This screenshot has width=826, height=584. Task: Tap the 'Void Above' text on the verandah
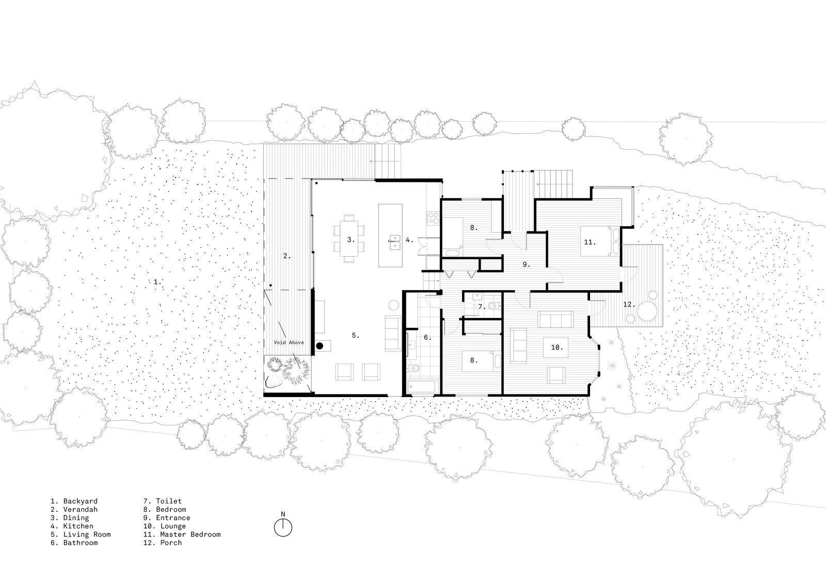click(x=289, y=342)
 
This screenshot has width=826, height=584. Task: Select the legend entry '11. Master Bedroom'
click(x=182, y=534)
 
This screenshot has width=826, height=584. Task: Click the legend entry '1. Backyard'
click(x=74, y=501)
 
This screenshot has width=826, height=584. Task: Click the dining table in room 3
click(x=349, y=239)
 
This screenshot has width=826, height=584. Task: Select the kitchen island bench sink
click(x=394, y=242)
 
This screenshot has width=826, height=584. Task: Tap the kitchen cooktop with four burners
click(x=433, y=218)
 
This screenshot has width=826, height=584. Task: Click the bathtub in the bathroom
click(x=423, y=387)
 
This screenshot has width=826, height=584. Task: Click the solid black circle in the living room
click(x=320, y=345)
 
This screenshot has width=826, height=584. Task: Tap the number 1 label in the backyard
click(x=157, y=282)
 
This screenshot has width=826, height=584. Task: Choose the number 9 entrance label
click(x=526, y=264)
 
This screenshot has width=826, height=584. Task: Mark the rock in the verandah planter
click(x=273, y=381)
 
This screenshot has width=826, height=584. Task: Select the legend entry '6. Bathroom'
click(x=74, y=543)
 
